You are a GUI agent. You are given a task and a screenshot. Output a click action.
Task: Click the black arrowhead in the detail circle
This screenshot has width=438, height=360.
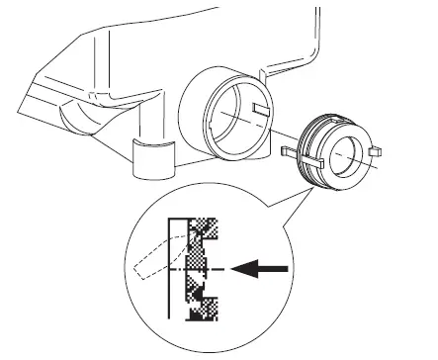point(235,267)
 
